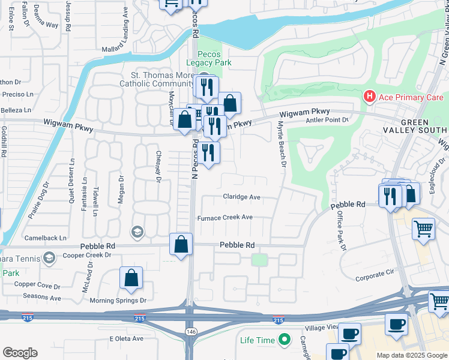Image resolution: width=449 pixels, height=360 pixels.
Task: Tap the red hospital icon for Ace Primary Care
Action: click(x=369, y=97)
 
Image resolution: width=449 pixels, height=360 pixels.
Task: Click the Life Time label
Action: click(x=258, y=340)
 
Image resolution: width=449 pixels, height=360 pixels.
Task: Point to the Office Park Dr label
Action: click(x=342, y=230)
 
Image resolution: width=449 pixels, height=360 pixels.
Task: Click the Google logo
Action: click(x=20, y=353)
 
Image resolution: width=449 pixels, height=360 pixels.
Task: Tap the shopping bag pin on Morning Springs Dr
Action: click(x=131, y=278)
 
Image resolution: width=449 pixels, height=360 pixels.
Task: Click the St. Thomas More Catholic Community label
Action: click(x=163, y=80)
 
